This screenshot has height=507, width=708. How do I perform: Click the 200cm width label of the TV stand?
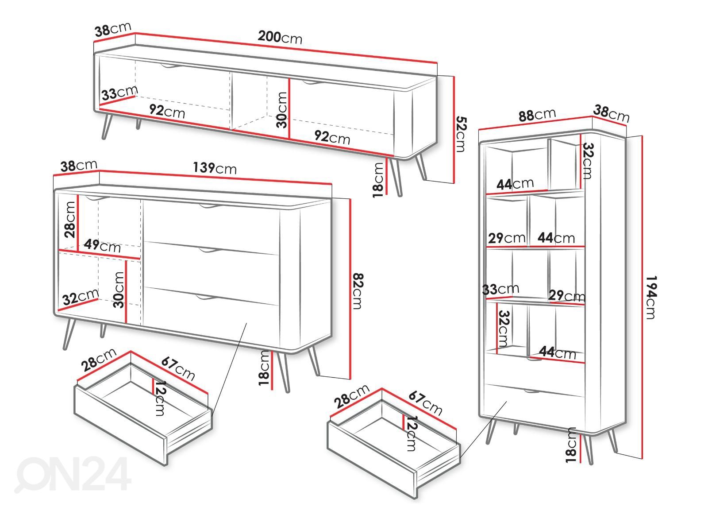pos(280,37)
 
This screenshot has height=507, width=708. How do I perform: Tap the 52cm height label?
pos(462,134)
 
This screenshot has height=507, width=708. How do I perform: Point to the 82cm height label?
pos(358,290)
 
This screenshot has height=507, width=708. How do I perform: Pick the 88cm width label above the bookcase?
pos(537,115)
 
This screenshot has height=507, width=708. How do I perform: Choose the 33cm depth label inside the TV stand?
pos(119,93)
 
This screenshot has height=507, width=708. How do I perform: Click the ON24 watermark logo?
pos(73,475)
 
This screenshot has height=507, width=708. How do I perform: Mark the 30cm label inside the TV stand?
pos(281,110)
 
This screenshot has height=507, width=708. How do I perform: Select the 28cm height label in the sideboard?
pos(70,220)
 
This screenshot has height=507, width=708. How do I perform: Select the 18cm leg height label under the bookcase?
pos(571,445)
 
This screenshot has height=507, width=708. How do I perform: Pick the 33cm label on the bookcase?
pos(500,289)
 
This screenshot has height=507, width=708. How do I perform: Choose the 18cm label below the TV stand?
pos(378,180)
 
